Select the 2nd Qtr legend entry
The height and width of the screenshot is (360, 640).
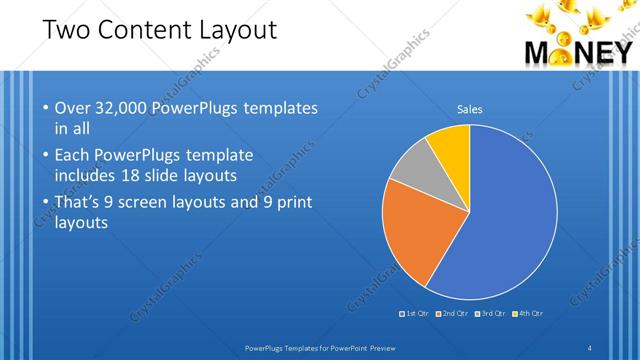453,314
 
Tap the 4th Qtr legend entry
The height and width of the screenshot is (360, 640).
530,314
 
